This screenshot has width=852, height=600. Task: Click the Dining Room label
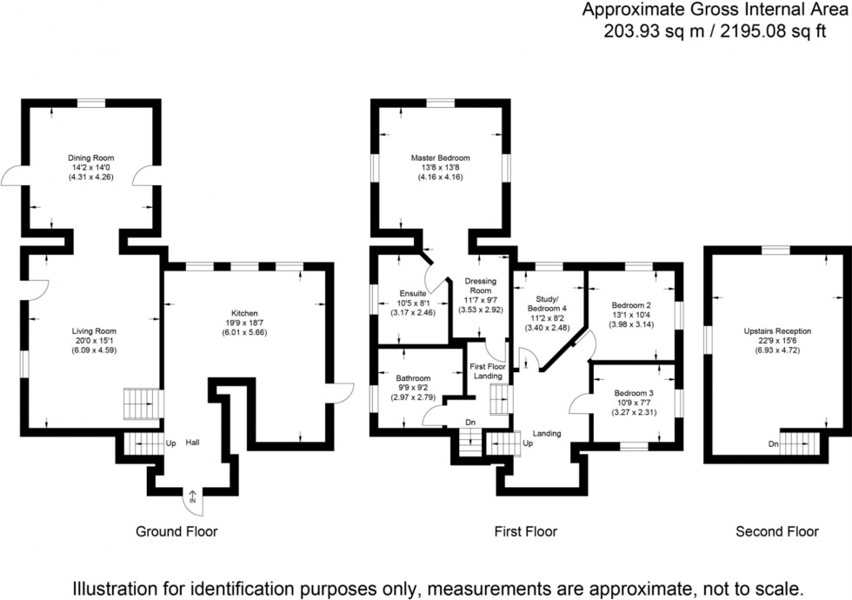91,158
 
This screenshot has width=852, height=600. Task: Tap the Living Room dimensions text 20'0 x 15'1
93,341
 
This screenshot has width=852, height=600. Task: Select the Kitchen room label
244,313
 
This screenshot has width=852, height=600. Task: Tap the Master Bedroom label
440,158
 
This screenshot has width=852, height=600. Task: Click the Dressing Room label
480,286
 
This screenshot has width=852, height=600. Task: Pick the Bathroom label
413,378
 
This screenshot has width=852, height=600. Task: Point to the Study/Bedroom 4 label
548,303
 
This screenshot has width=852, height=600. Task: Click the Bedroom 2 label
631,305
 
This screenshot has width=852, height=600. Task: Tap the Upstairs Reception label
777,331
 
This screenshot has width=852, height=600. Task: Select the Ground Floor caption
176,531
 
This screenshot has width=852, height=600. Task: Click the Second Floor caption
777,531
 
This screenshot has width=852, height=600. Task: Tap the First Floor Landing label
487,370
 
